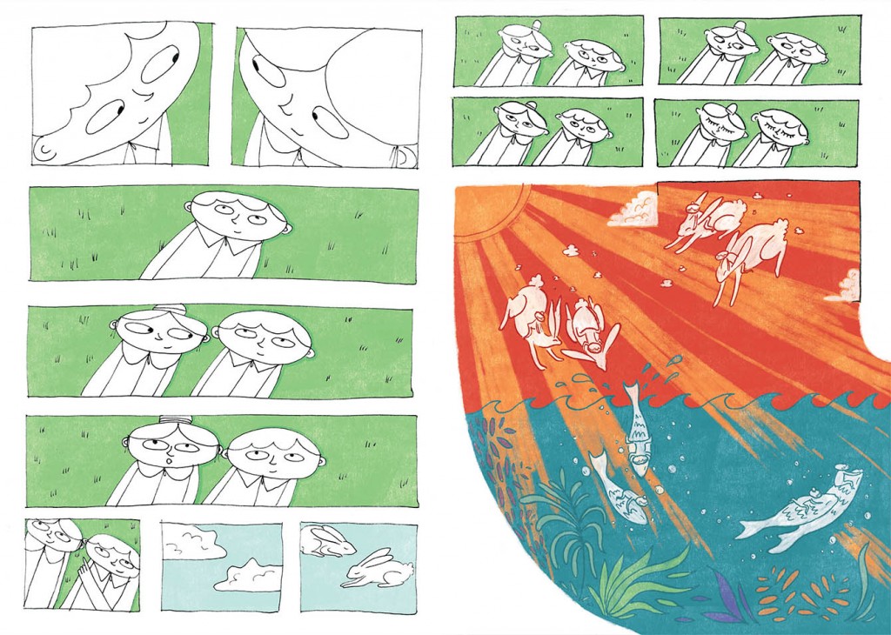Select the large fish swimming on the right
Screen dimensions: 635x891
800,510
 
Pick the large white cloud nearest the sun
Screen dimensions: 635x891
634,210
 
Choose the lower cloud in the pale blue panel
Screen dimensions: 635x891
249,575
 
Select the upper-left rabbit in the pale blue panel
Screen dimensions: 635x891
327,543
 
